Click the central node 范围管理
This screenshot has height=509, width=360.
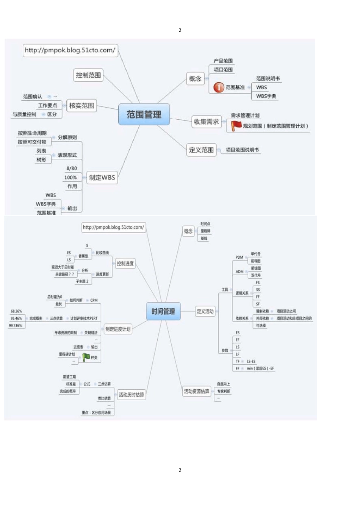coord(144,114)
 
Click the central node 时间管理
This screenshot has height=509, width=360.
coord(163,311)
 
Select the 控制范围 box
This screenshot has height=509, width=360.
coord(88,75)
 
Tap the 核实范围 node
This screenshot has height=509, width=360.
coord(81,106)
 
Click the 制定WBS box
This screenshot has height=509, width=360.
coord(102,177)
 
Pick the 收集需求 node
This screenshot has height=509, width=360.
coord(206,122)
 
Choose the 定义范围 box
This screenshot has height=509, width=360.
coord(201,150)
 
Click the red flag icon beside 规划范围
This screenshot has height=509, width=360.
coord(236,126)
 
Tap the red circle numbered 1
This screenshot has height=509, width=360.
coord(219,87)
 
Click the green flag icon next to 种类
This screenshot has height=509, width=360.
coord(86,357)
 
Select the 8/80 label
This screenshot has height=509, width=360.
coord(72,168)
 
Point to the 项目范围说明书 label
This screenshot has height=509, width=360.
coord(242,150)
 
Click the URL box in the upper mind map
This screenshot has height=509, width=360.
coord(70,50)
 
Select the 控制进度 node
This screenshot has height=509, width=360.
coord(125,263)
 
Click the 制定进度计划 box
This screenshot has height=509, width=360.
coord(118,329)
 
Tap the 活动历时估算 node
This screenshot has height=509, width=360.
coord(131,395)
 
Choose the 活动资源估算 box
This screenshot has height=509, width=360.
coord(196,391)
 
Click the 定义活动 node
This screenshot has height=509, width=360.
coord(205,311)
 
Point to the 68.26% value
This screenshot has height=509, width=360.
coord(16,311)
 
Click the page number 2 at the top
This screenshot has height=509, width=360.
coord(180,30)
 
